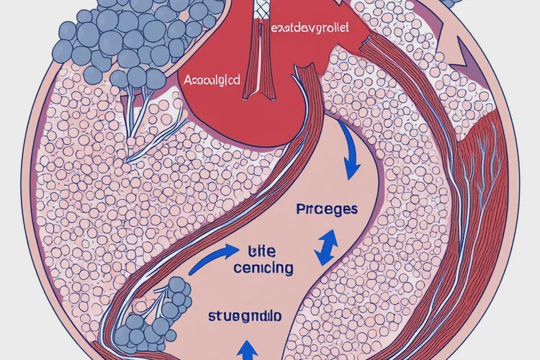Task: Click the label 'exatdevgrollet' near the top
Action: [310, 29]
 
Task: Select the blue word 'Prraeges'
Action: [327, 210]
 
